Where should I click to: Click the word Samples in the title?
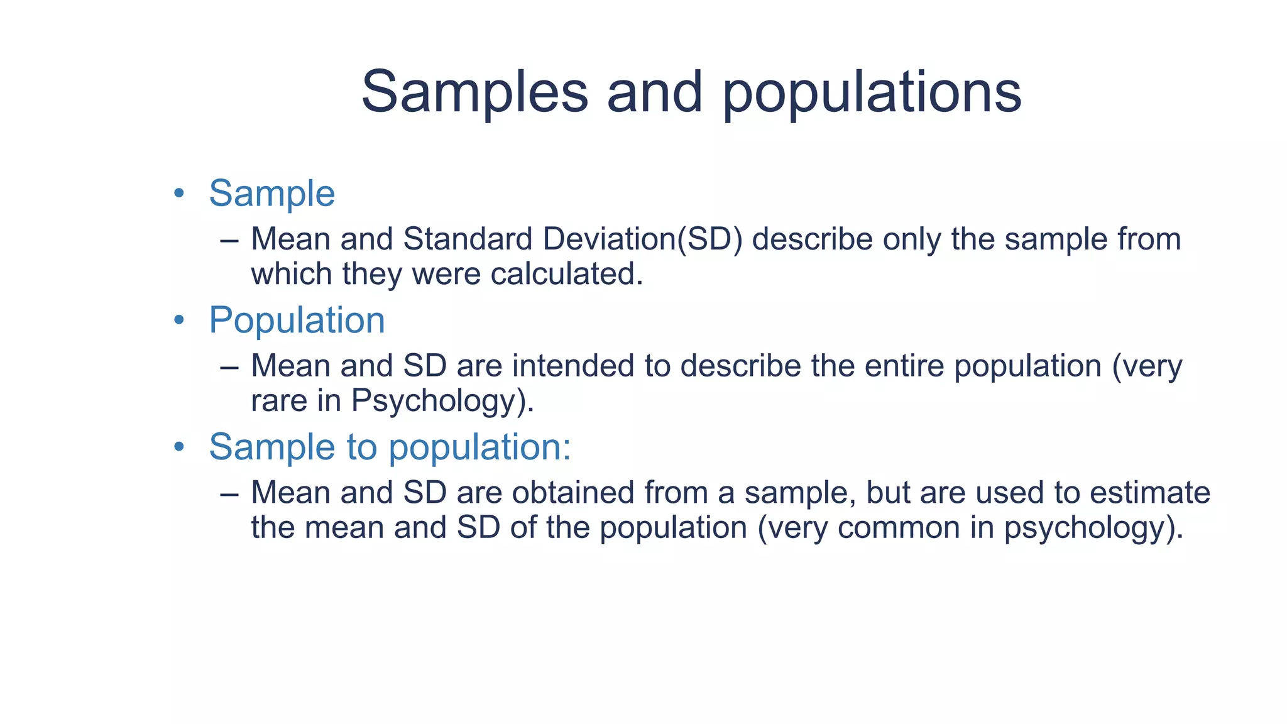474,92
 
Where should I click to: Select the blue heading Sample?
271,193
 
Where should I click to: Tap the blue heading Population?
297,321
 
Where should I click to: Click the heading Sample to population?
390,447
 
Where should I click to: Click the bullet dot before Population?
179,321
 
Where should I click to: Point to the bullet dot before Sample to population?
179,447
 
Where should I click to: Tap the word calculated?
567,275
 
